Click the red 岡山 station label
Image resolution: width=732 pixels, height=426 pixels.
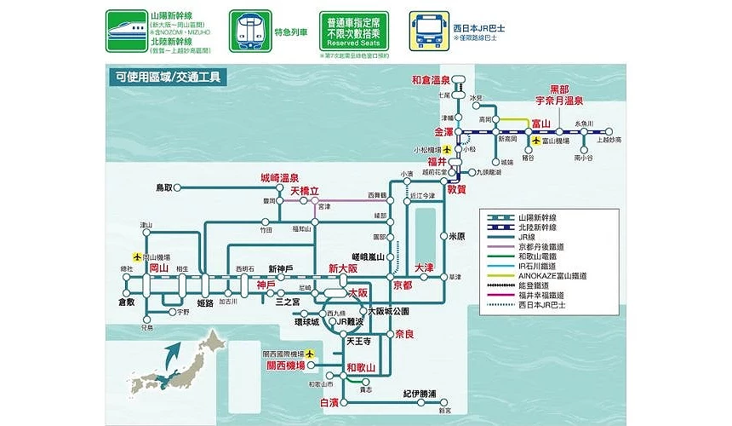tap(158, 268)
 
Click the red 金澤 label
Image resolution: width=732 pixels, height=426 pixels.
tap(444, 132)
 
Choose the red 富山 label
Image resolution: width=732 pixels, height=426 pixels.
tap(542, 124)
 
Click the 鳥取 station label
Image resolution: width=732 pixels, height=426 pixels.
tap(164, 187)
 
